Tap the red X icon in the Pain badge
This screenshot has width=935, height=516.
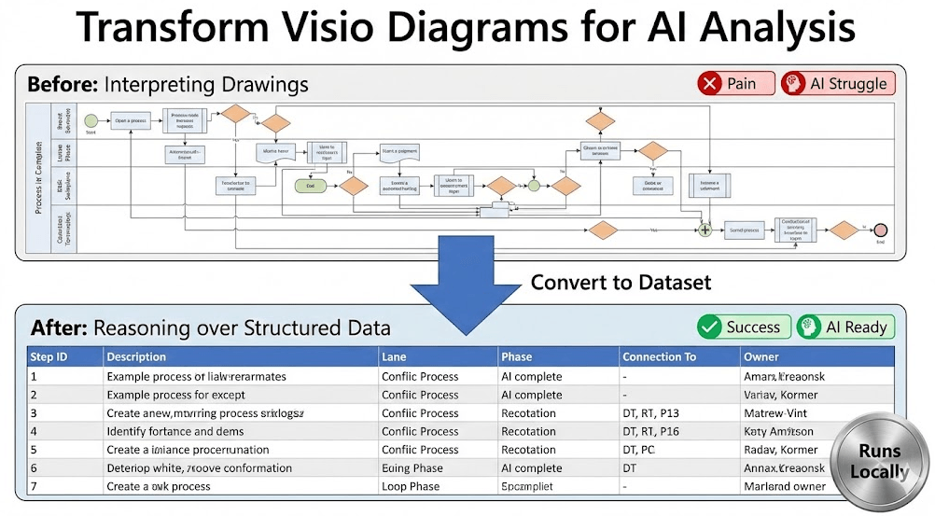click(711, 84)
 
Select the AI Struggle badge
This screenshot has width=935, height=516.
click(837, 84)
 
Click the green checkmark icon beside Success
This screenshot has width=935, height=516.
click(711, 327)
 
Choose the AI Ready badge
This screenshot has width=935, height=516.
click(845, 327)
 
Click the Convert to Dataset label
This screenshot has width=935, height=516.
click(621, 282)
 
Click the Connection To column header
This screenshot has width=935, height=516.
click(660, 356)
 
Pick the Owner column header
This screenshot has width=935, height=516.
click(761, 356)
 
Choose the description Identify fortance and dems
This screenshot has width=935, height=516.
click(176, 431)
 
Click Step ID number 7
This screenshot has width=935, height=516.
click(34, 486)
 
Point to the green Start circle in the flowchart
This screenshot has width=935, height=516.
click(91, 119)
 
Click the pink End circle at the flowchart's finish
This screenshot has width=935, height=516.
click(880, 230)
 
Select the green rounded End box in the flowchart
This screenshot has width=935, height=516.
click(307, 186)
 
